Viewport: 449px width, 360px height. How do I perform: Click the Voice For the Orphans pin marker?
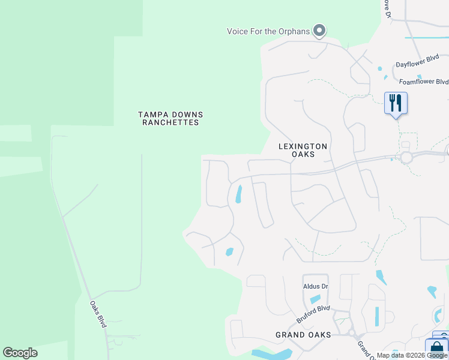pyautogui.click(x=319, y=30)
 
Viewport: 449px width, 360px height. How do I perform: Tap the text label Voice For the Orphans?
pyautogui.click(x=268, y=31)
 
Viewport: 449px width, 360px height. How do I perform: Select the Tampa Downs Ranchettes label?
pyautogui.click(x=170, y=118)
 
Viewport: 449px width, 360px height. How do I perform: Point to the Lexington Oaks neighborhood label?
pyautogui.click(x=303, y=150)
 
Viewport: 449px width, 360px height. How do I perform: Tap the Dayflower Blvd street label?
pyautogui.click(x=417, y=64)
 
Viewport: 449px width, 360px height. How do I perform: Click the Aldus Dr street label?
pyautogui.click(x=316, y=286)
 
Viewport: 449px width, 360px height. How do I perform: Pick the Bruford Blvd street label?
pyautogui.click(x=313, y=314)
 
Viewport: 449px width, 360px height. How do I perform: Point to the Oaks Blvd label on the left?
pyautogui.click(x=98, y=313)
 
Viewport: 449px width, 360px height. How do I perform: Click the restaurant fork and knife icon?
pyautogui.click(x=396, y=103)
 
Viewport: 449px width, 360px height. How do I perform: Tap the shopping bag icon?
pyautogui.click(x=437, y=349)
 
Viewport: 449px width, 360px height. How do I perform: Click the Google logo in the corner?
pyautogui.click(x=20, y=353)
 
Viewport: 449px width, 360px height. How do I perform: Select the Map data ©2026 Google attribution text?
pyautogui.click(x=412, y=355)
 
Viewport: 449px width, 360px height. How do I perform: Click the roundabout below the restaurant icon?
pyautogui.click(x=406, y=157)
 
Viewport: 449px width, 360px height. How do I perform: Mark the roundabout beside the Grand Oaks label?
pyautogui.click(x=351, y=334)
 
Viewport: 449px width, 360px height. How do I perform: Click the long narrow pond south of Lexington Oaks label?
pyautogui.click(x=239, y=194)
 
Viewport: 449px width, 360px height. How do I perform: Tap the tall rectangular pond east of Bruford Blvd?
pyautogui.click(x=377, y=316)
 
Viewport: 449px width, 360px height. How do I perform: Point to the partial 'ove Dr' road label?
pyautogui.click(x=387, y=8)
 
